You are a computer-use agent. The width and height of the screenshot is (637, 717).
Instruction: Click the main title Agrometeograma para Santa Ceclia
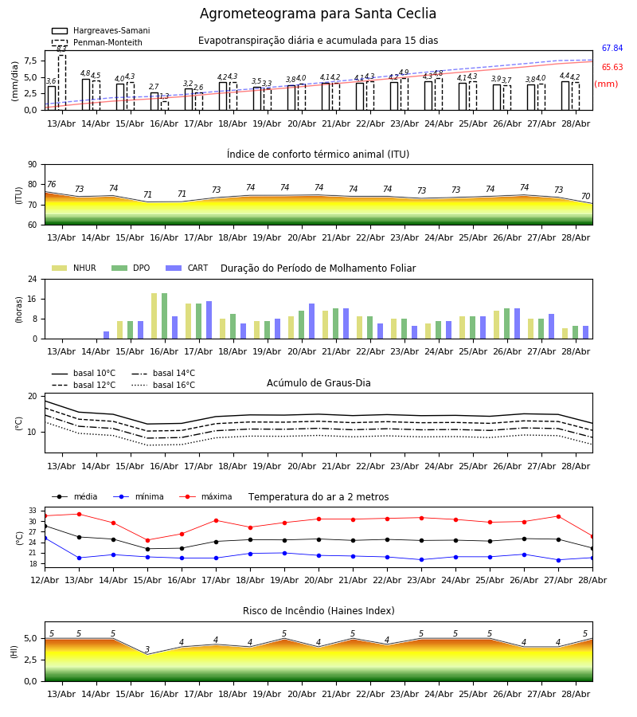(318, 14)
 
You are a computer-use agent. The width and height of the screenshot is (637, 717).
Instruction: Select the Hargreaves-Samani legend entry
(100, 30)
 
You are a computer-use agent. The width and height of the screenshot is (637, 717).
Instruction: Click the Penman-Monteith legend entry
(97, 42)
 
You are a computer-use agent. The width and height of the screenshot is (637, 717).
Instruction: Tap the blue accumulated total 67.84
(612, 48)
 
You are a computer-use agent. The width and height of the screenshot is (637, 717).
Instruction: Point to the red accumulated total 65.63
(612, 67)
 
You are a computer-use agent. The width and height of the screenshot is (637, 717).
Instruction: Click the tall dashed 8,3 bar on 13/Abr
(62, 82)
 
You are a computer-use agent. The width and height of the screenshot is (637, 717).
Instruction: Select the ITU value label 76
(51, 184)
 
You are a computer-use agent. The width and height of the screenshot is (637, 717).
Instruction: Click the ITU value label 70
(585, 196)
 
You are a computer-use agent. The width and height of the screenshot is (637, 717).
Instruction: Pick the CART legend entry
(186, 268)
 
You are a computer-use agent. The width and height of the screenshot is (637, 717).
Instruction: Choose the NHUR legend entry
(74, 268)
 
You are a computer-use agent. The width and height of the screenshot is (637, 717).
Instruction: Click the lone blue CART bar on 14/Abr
(107, 335)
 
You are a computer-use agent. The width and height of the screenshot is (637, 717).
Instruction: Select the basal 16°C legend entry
(163, 385)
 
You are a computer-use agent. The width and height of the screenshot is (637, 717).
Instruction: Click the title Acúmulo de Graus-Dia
(318, 382)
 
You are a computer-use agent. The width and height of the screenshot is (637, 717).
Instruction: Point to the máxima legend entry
(205, 496)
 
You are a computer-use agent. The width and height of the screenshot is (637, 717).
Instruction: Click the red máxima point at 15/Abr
(147, 540)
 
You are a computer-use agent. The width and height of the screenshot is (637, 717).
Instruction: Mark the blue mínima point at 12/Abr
(45, 539)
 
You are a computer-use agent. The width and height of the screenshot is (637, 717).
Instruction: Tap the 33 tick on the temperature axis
(33, 511)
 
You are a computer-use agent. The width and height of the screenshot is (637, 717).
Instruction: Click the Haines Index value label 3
(147, 649)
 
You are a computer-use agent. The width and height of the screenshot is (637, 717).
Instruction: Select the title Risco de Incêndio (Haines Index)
(318, 610)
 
